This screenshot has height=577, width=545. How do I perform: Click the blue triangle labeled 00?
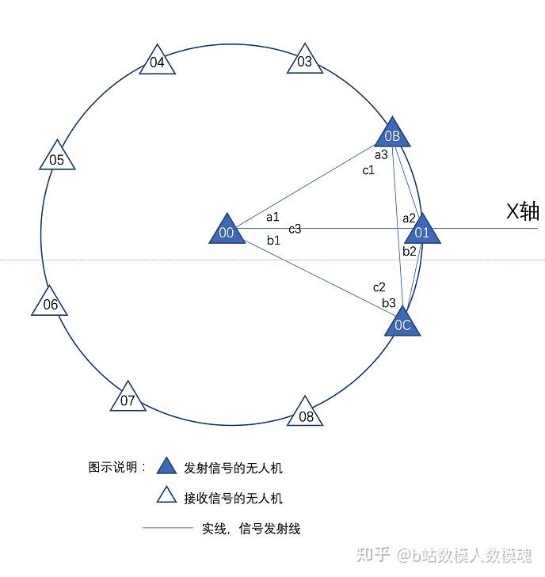[227, 230]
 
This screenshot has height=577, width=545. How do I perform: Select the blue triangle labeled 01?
[421, 230]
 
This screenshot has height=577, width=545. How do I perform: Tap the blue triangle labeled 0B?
[392, 134]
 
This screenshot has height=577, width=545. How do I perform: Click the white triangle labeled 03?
[305, 61]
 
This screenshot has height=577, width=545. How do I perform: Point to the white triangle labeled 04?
[157, 61]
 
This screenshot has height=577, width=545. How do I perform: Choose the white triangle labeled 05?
[57, 158]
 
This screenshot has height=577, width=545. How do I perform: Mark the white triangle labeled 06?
[50, 302]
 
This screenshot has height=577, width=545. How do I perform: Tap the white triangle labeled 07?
[128, 398]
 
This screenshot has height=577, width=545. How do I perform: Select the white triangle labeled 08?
[306, 413]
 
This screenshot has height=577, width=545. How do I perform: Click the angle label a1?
[272, 216]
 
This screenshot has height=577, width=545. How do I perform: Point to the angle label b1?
[273, 240]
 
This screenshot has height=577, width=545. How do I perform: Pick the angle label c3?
[295, 229]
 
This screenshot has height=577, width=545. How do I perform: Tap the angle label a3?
[381, 154]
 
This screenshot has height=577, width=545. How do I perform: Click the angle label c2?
[379, 287]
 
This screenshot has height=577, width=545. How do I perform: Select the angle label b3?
[388, 302]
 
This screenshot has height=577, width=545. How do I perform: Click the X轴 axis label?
[523, 211]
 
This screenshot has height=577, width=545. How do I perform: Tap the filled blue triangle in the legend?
[166, 466]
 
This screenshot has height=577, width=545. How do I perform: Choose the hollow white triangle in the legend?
[166, 495]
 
